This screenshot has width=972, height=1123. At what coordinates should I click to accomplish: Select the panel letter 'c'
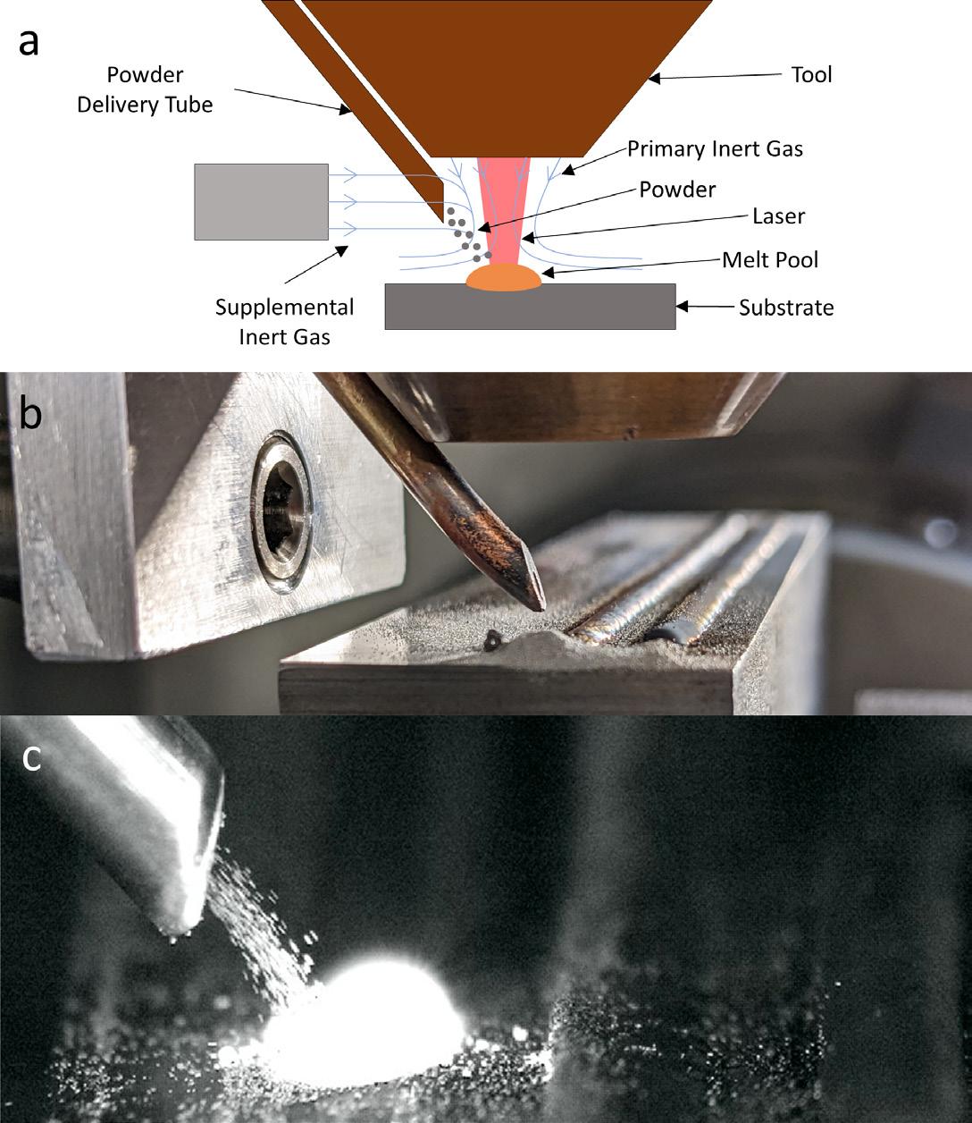[x=30, y=758]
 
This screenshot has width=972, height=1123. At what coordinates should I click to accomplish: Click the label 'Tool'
[x=811, y=74]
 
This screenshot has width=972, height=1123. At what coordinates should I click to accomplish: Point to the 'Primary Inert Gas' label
[x=715, y=148]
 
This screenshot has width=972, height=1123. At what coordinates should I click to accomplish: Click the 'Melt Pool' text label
[x=770, y=260]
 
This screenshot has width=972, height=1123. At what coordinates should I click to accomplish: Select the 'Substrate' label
[x=786, y=308]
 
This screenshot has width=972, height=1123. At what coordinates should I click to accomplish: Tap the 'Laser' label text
[x=778, y=215]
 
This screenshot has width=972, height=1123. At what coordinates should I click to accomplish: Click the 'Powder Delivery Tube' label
[x=145, y=90]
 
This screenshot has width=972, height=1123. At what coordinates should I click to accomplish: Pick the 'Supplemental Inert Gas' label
[x=285, y=323]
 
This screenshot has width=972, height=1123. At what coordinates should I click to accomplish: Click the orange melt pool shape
[x=504, y=278]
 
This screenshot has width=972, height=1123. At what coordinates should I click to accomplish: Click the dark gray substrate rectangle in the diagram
[x=530, y=307]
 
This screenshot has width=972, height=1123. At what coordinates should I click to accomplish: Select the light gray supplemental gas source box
[x=261, y=201]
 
